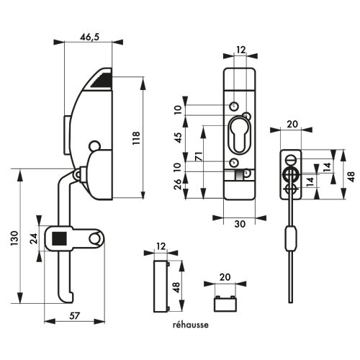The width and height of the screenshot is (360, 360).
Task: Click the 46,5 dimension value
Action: pos(89,37)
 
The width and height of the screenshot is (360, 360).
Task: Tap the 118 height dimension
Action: pos(136,138)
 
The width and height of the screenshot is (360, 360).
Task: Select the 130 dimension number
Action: pos(14,238)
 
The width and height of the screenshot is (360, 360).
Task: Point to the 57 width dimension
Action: pos(74,315)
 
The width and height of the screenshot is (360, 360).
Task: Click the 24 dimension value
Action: pos(34,238)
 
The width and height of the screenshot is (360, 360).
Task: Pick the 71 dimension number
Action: pos(199,156)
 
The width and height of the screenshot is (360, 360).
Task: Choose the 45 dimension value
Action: pos(179,138)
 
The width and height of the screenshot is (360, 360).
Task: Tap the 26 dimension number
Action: pos(178,184)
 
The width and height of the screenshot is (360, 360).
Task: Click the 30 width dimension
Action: pos(240,224)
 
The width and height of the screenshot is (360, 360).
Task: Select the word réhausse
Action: pos(191,325)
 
